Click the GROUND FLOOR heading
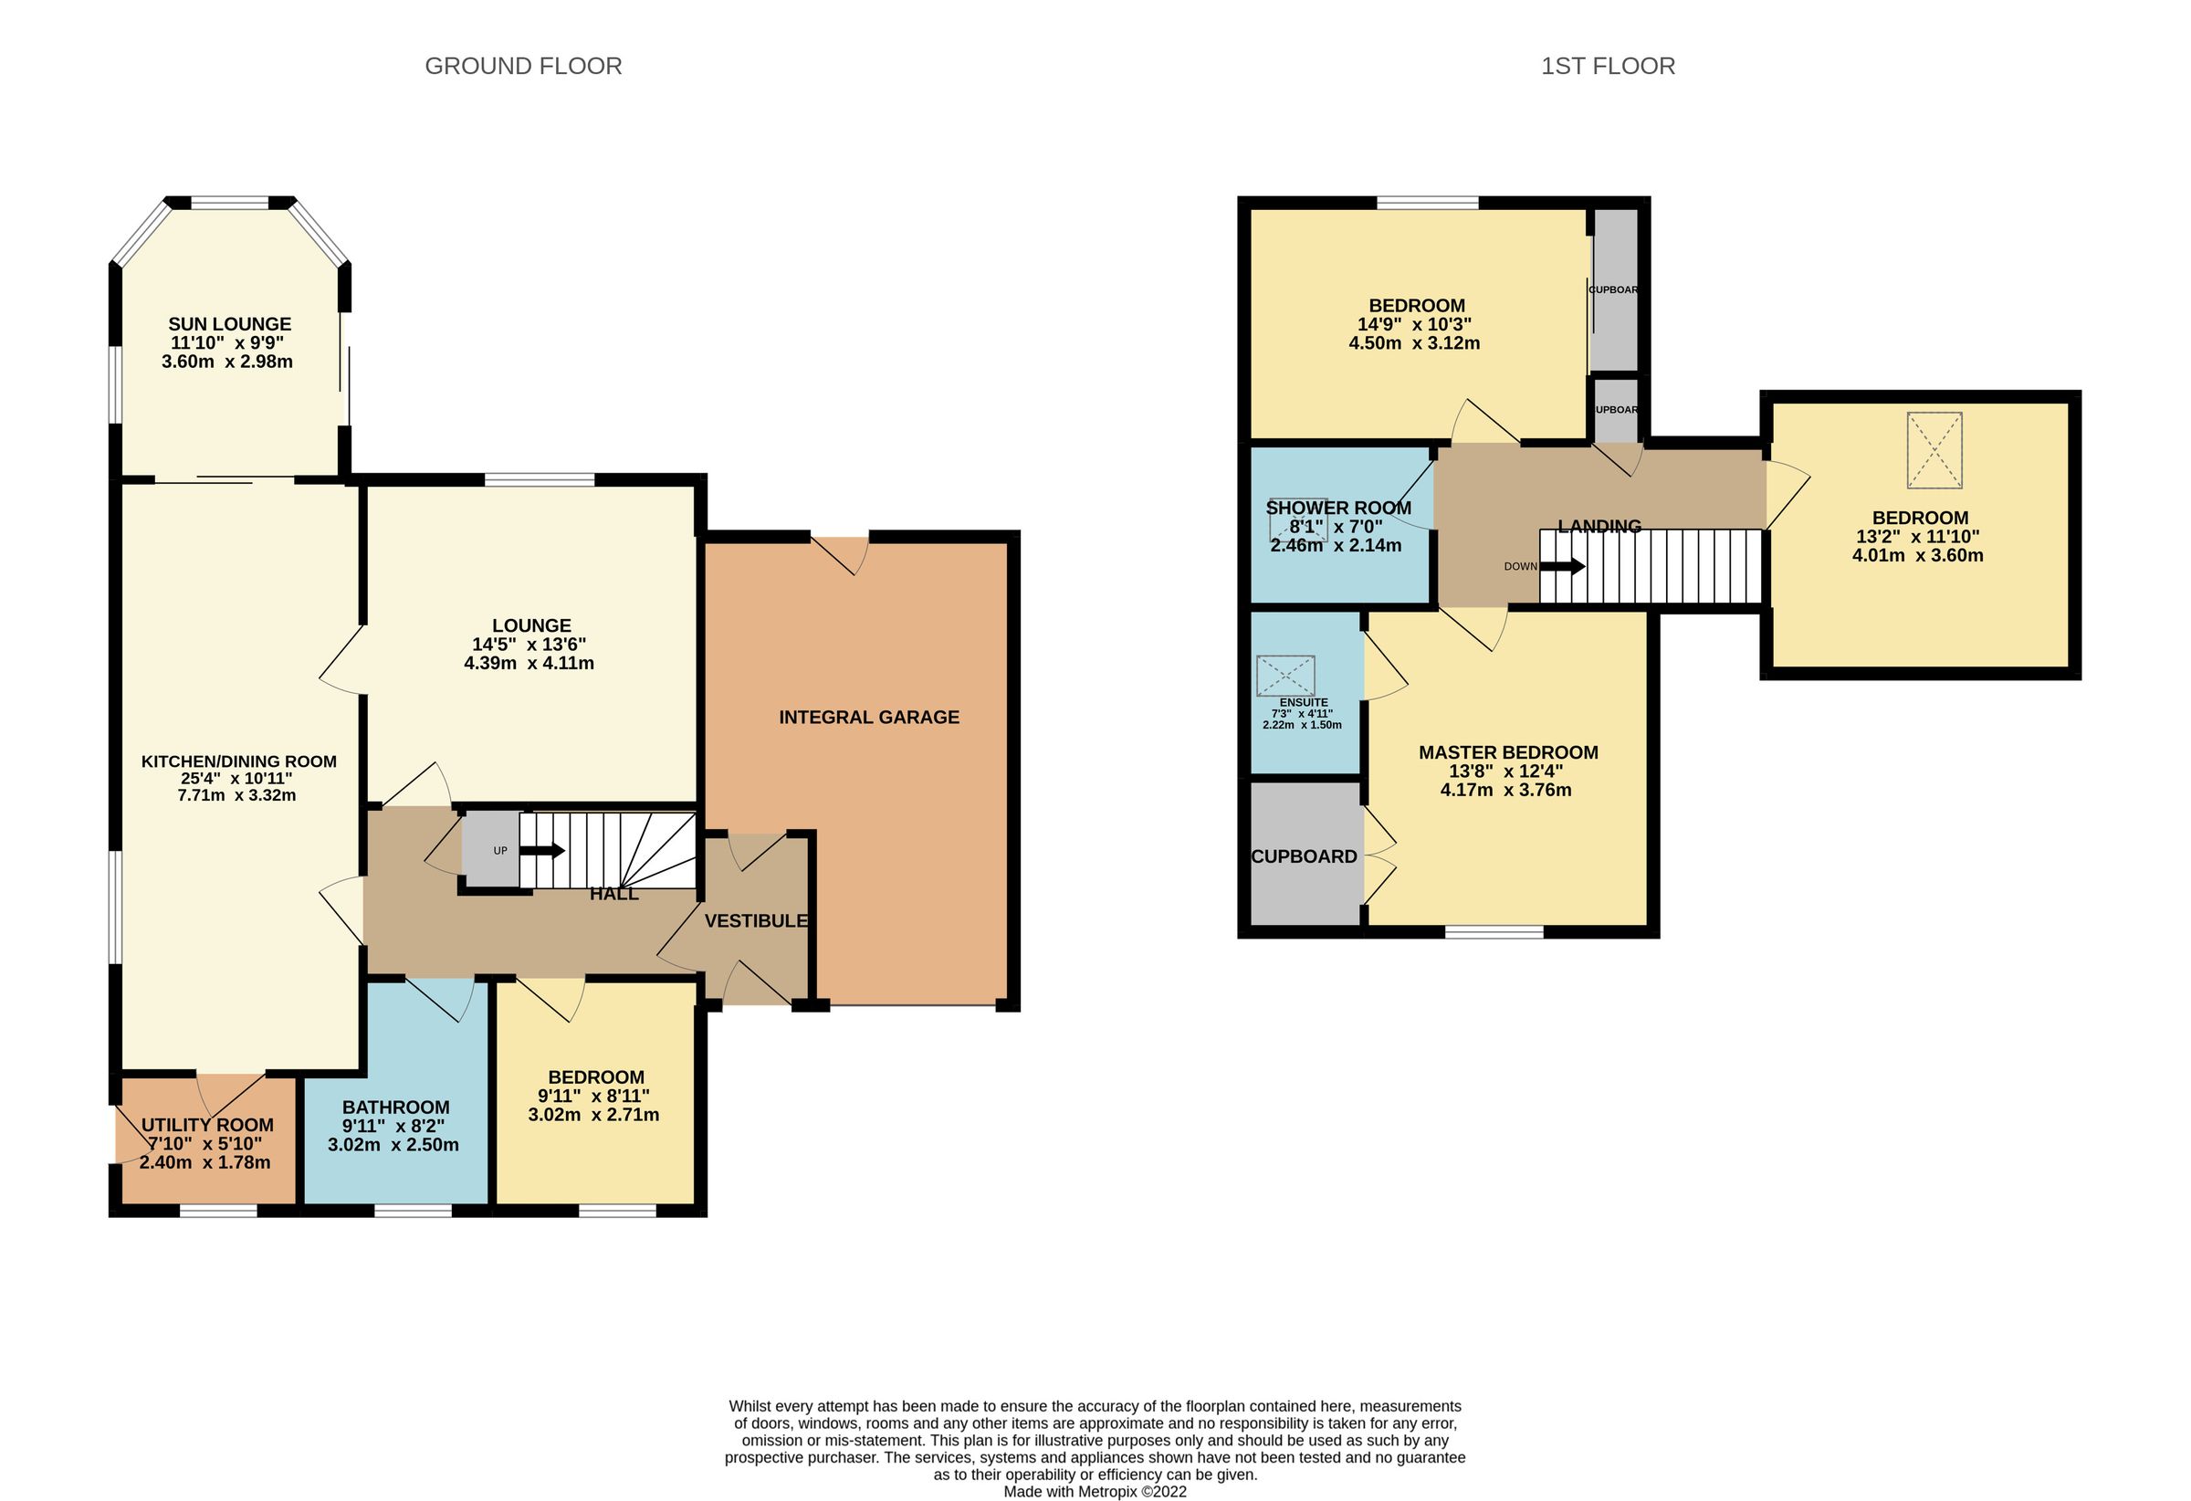pyautogui.click(x=522, y=66)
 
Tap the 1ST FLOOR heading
pyautogui.click(x=1608, y=66)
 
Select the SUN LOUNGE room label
pyautogui.click(x=229, y=324)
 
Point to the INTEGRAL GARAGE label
pyautogui.click(x=868, y=718)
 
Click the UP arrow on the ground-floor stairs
pyautogui.click(x=542, y=850)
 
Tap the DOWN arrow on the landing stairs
pyautogui.click(x=1561, y=567)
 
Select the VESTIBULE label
pyautogui.click(x=755, y=921)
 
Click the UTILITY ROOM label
pyautogui.click(x=207, y=1125)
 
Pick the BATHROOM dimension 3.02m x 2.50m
pyautogui.click(x=393, y=1146)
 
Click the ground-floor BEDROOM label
pyautogui.click(x=596, y=1077)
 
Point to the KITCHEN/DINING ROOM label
pyautogui.click(x=238, y=761)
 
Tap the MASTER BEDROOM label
pyautogui.click(x=1507, y=752)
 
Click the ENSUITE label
pyautogui.click(x=1303, y=702)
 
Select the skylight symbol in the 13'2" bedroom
pyautogui.click(x=1934, y=450)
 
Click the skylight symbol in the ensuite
pyautogui.click(x=1285, y=676)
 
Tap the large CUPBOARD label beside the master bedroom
pyautogui.click(x=1304, y=856)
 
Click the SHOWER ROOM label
pyautogui.click(x=1337, y=509)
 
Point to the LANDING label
pyautogui.click(x=1599, y=526)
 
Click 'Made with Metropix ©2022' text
pyautogui.click(x=1095, y=1492)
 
